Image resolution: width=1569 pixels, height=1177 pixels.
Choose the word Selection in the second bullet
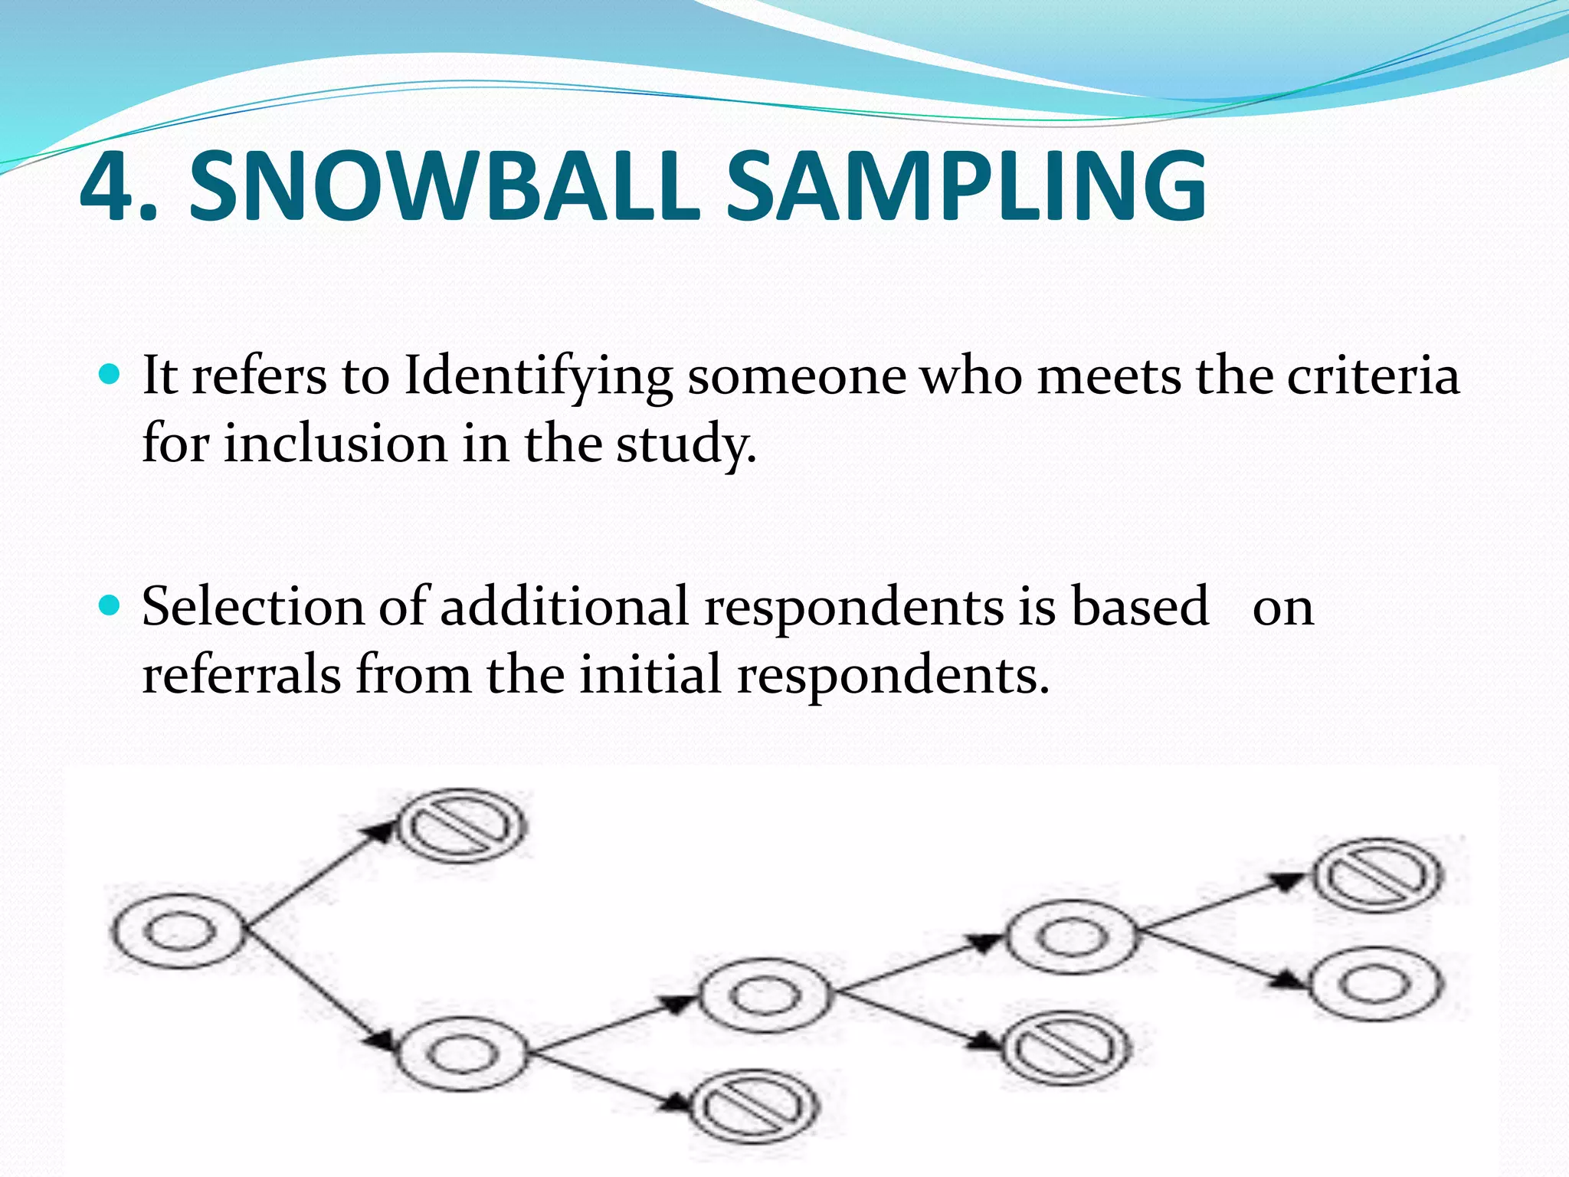pos(253,607)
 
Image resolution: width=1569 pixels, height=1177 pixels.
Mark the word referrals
pos(241,675)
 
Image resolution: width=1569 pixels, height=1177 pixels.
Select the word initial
pos(650,675)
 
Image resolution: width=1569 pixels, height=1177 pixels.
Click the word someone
pos(797,377)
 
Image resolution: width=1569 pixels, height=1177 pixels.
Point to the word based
pos(1139,607)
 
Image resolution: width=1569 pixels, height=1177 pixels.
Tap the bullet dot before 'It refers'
pos(111,375)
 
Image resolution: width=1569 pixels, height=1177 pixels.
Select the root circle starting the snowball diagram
pos(178,931)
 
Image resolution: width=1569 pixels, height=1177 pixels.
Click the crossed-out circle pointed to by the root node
pos(463,826)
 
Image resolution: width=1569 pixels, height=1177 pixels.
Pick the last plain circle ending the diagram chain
pos(1376,984)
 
